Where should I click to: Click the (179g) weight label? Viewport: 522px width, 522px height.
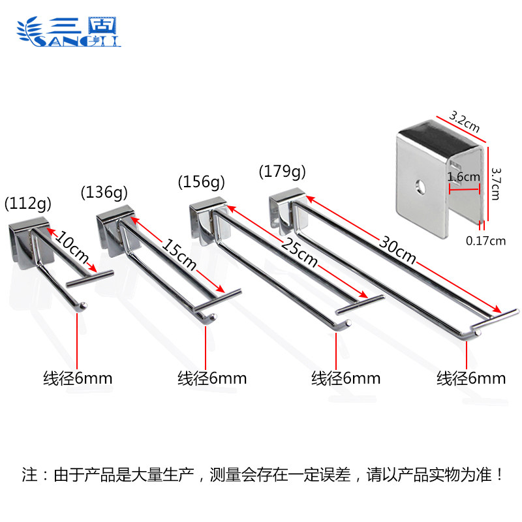pyautogui.click(x=282, y=172)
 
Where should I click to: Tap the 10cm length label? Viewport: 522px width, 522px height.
pyautogui.click(x=71, y=247)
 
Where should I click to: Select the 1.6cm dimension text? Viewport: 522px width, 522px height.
pyautogui.click(x=463, y=176)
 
